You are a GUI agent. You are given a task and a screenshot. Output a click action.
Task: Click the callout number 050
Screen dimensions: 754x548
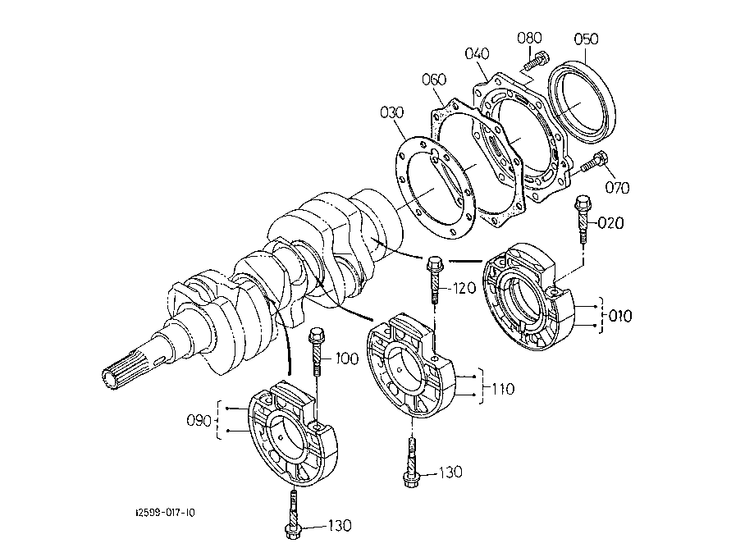coord(586,39)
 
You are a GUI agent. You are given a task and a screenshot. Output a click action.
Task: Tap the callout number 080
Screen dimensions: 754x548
coord(529,38)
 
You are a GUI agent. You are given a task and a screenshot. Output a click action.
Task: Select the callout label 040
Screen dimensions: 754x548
coord(477,53)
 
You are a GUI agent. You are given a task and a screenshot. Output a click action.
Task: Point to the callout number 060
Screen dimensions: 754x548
coord(434,80)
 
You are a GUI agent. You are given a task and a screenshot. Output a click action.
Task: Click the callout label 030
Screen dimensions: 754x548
coord(392,113)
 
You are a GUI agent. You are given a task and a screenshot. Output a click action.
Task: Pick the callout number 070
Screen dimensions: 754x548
coord(617,188)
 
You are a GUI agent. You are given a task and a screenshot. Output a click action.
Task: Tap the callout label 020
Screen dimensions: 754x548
coord(610,223)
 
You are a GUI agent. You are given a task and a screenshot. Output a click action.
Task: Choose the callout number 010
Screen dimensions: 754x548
coord(620,317)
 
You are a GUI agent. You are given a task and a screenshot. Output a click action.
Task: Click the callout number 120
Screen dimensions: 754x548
coord(464,289)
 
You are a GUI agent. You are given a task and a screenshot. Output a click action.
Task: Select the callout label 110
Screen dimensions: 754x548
coord(503,388)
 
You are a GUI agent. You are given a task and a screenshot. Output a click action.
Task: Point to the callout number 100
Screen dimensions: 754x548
coord(347,358)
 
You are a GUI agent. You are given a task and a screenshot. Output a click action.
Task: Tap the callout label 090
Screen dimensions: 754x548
coord(199,421)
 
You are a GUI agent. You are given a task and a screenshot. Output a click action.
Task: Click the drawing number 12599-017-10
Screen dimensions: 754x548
coord(165,513)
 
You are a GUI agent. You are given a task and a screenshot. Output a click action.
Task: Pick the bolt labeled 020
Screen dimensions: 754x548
coord(583,219)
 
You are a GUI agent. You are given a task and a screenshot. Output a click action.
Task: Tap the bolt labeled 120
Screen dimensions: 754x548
coord(435,281)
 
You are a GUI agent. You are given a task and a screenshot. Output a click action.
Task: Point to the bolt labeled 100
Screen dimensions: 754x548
coord(317,351)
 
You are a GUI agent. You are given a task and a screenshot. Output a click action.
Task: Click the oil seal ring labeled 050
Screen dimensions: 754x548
coord(582,101)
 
